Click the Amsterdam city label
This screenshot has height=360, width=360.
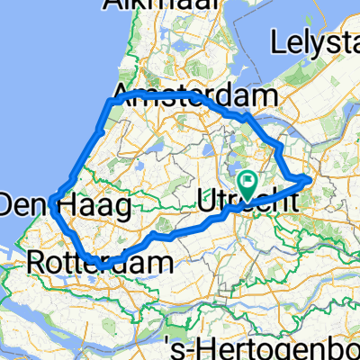point(194,95)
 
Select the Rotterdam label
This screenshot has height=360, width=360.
point(100,263)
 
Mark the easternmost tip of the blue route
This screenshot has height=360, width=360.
point(311,180)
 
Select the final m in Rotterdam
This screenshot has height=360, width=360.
point(162,263)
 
